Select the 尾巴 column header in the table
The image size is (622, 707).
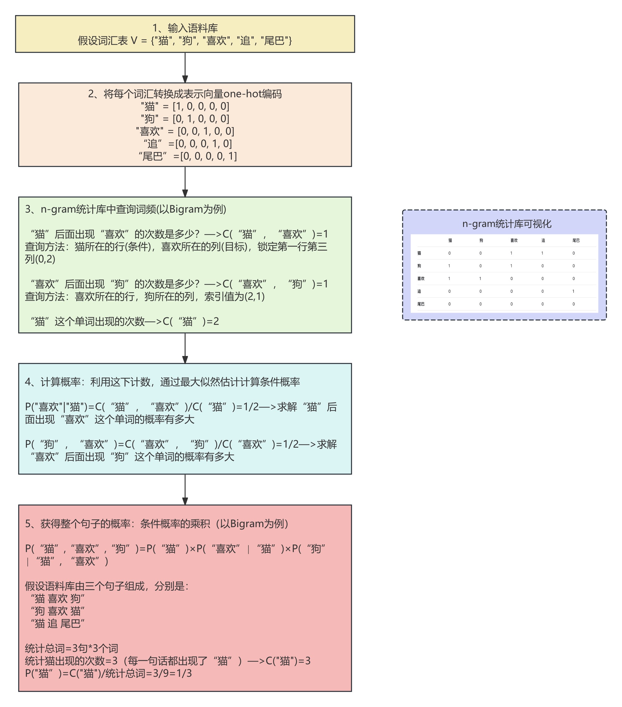tap(576, 240)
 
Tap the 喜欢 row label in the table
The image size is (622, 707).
tap(421, 278)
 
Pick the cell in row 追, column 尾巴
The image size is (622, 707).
tap(573, 291)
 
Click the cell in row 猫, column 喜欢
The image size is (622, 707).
tap(511, 253)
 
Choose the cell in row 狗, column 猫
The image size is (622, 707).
tap(449, 266)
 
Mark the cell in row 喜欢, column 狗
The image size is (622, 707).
tap(480, 278)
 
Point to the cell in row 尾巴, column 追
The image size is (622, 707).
tap(543, 304)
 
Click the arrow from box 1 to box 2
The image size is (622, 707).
tap(185, 68)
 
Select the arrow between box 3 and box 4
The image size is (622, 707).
tap(185, 348)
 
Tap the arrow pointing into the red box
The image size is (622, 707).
tap(185, 489)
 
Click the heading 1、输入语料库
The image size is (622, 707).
tap(185, 28)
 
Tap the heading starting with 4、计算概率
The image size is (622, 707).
tap(162, 382)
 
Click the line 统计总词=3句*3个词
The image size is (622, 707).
tap(72, 648)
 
